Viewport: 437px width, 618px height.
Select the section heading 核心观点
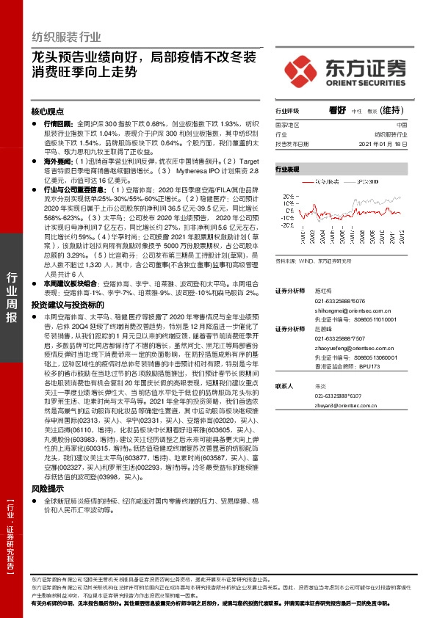pyautogui.click(x=48, y=112)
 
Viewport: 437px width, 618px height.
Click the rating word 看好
pyautogui.click(x=337, y=110)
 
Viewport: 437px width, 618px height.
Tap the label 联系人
pyautogui.click(x=285, y=386)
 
